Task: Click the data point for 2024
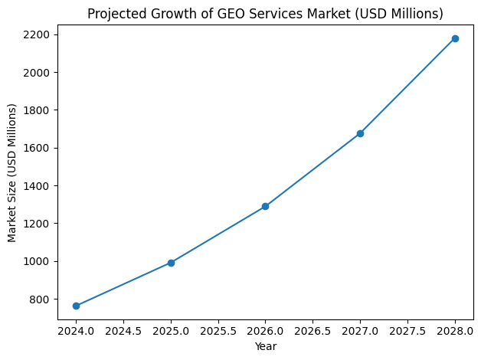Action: pos(76,306)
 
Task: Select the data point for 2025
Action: pos(171,263)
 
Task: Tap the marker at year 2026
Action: pos(265,206)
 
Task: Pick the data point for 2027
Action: pos(360,133)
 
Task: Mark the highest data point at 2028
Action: pos(455,38)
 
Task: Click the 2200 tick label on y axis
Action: pos(37,34)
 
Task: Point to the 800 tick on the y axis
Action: pos(40,299)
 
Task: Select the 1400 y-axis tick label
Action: pos(37,186)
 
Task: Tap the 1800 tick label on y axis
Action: pos(37,110)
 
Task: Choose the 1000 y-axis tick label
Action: pos(37,261)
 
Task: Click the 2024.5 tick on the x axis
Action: pos(123,332)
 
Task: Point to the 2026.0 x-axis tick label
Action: pos(265,332)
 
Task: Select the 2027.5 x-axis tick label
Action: pos(407,332)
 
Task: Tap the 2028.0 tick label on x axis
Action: pos(455,332)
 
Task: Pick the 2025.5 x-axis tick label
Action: pos(218,332)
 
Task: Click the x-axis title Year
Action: pos(265,347)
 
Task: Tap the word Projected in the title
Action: pos(114,14)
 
